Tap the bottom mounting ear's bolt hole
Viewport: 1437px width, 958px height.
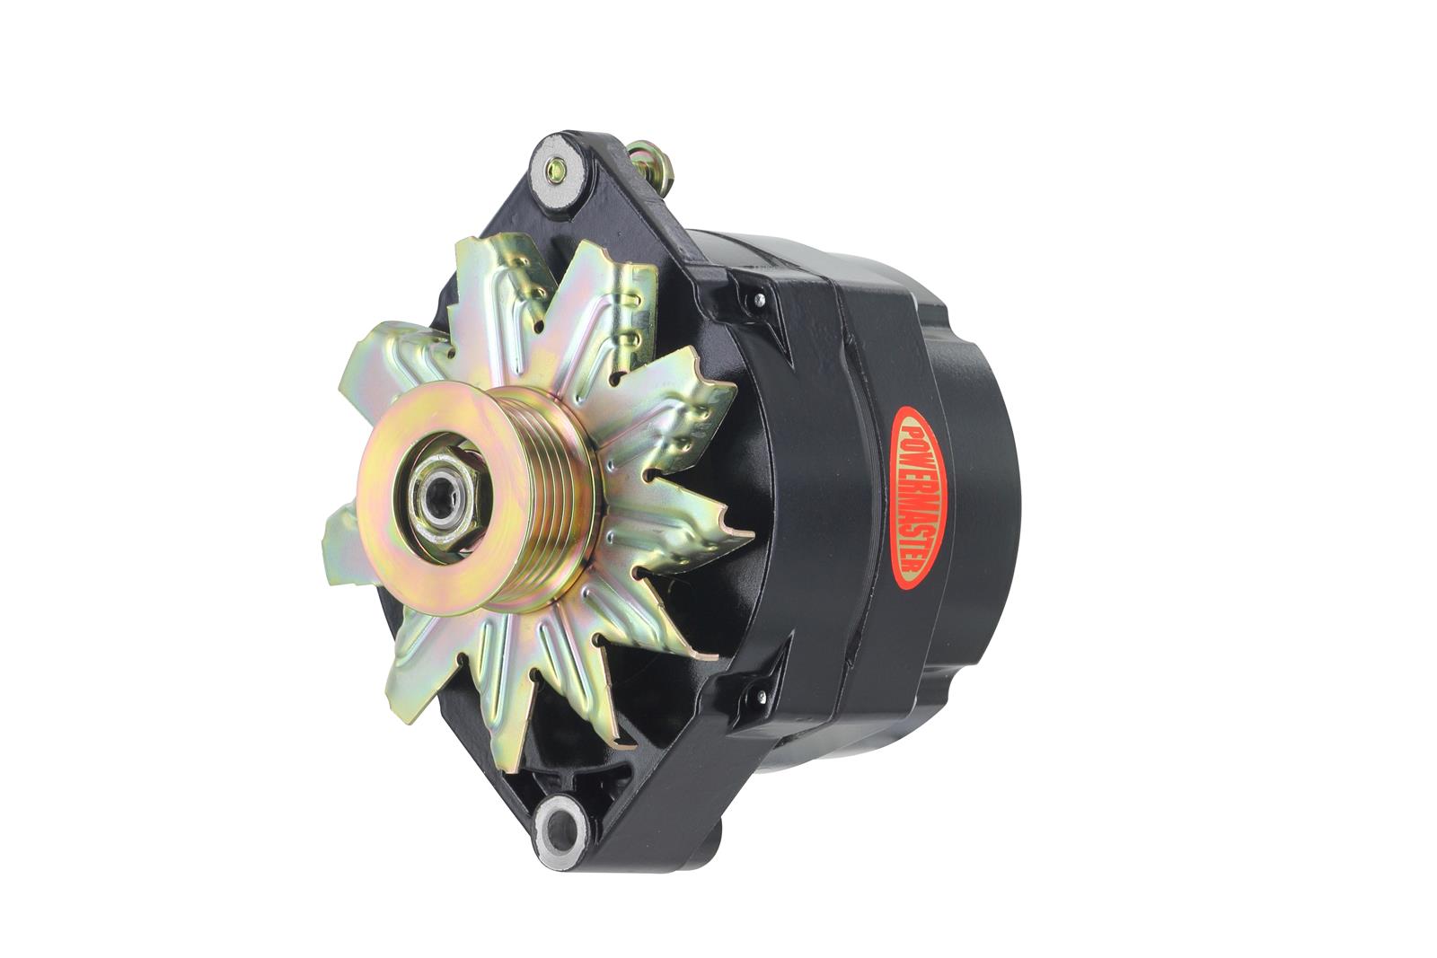pyautogui.click(x=559, y=822)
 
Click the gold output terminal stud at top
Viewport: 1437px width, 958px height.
pyautogui.click(x=640, y=170)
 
